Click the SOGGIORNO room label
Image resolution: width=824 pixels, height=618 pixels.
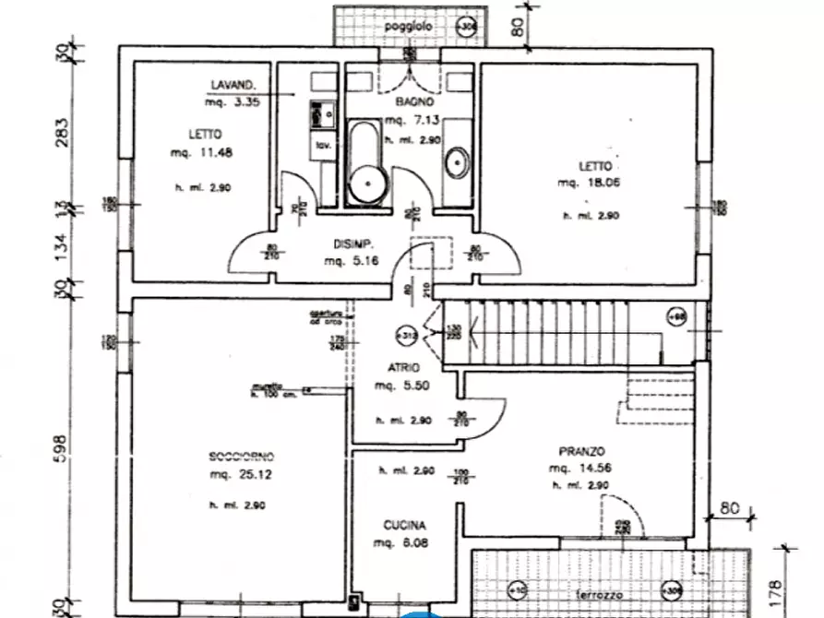click(x=241, y=457)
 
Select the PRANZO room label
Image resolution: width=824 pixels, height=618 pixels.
click(x=581, y=451)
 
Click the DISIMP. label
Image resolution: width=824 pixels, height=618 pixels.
click(x=352, y=244)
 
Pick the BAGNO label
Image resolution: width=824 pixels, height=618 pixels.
click(x=409, y=101)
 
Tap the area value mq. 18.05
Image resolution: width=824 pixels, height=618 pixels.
click(x=587, y=183)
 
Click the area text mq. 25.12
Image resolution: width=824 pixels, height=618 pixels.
click(x=238, y=474)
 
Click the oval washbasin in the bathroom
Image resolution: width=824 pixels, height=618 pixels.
click(x=457, y=164)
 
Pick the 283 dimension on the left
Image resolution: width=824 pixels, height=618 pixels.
click(x=62, y=128)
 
